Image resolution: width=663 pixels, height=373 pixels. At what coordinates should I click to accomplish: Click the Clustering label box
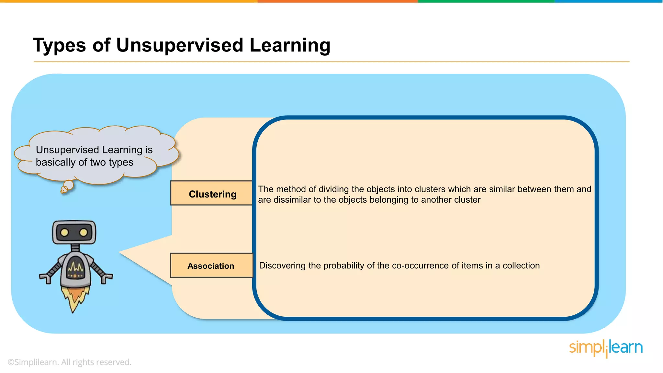[212, 193]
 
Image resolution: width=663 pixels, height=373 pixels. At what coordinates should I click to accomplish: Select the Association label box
[211, 266]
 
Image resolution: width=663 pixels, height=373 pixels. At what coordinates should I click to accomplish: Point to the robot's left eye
[64, 232]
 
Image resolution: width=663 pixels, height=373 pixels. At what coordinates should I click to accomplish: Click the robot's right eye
[84, 232]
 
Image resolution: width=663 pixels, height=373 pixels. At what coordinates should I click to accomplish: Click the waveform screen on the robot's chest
[75, 268]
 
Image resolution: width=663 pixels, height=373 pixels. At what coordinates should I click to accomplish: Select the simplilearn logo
[606, 348]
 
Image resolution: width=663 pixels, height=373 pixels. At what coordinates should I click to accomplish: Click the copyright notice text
[69, 362]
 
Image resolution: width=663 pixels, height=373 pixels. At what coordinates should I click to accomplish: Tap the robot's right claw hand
[106, 278]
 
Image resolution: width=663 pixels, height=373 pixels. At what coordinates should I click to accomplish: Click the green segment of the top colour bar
[486, 1]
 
